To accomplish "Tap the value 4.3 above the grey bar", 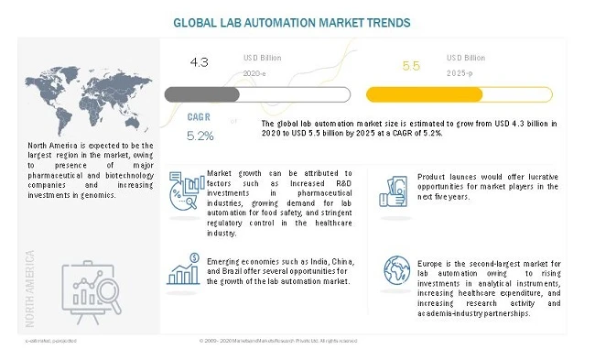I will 200,61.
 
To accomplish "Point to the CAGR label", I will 200,118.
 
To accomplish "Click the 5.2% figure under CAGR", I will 200,136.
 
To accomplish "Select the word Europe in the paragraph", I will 433,265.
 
